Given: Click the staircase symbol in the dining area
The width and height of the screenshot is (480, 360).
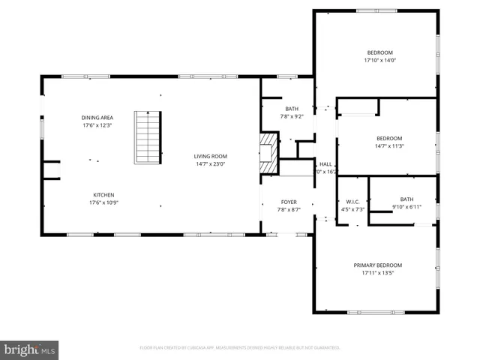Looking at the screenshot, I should [148, 137].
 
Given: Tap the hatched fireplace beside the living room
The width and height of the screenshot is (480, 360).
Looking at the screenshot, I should [268, 148].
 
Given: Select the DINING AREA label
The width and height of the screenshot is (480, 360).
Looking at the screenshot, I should [97, 118].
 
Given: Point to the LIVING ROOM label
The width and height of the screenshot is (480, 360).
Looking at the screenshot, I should [210, 156].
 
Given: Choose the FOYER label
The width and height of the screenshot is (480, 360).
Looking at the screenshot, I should [289, 202].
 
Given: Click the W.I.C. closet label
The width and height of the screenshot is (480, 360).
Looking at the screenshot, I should [352, 201].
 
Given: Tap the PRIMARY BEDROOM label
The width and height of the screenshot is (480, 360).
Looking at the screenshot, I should [378, 265].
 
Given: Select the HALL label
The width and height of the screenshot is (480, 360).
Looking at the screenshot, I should [325, 164].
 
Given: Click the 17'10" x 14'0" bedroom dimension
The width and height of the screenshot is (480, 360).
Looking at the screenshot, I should [379, 60].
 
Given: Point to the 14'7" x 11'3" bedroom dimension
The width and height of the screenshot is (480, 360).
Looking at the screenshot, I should [388, 146].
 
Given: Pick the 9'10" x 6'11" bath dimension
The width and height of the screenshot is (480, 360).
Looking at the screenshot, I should [406, 207].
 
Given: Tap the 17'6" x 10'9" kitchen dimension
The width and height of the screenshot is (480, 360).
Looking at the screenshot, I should [103, 202].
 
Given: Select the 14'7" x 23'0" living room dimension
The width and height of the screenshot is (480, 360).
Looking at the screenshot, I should [210, 164].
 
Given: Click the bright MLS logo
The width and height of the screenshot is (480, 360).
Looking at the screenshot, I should [30, 349].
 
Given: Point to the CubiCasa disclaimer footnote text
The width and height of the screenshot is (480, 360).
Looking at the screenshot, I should [240, 348].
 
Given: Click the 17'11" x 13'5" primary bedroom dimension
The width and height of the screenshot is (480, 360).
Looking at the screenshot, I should [378, 273].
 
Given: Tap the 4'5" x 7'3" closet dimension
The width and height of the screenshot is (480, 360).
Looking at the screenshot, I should [352, 209].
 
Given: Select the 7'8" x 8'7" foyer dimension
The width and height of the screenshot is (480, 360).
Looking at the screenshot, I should [289, 210].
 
